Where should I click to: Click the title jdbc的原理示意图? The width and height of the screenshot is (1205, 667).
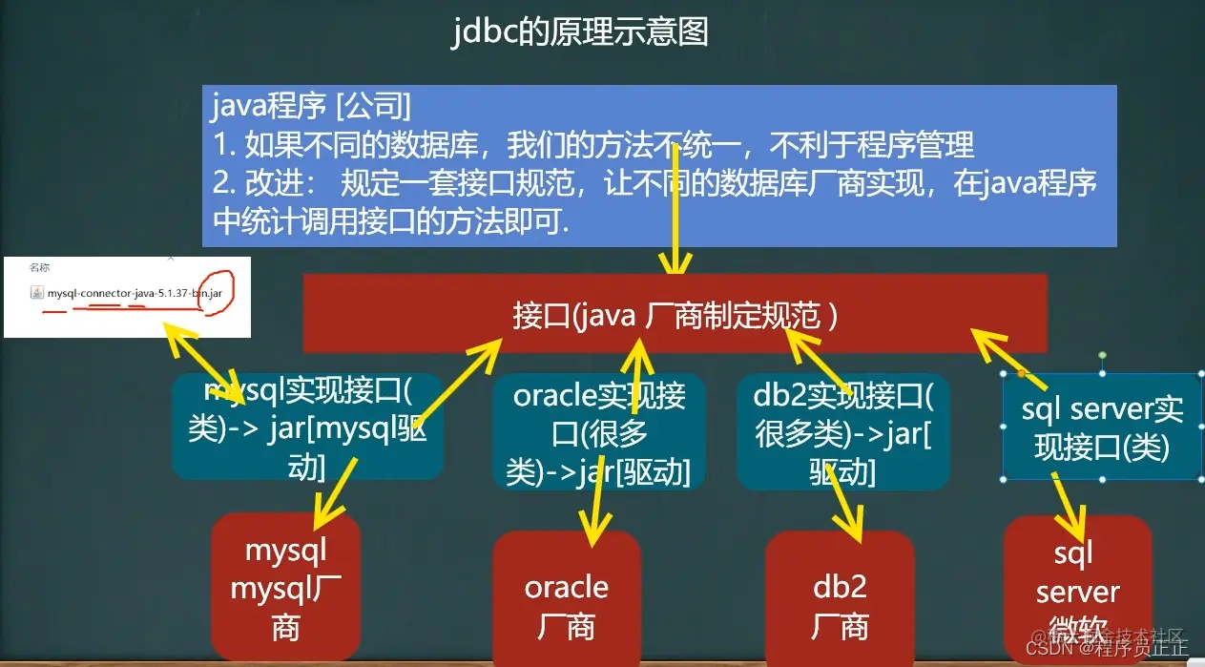(580, 32)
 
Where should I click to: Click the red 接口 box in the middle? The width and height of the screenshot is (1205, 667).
(675, 315)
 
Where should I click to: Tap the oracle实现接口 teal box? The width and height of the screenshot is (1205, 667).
(598, 432)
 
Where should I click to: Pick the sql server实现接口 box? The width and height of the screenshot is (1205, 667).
(1102, 427)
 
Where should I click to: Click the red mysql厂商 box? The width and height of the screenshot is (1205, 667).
(285, 588)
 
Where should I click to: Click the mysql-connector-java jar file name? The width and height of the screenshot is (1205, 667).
(134, 294)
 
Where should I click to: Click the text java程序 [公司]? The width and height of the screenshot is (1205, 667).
(311, 103)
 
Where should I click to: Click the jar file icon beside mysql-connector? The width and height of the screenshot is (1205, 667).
(37, 294)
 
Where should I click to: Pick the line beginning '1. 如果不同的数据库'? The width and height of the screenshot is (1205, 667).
(592, 144)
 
